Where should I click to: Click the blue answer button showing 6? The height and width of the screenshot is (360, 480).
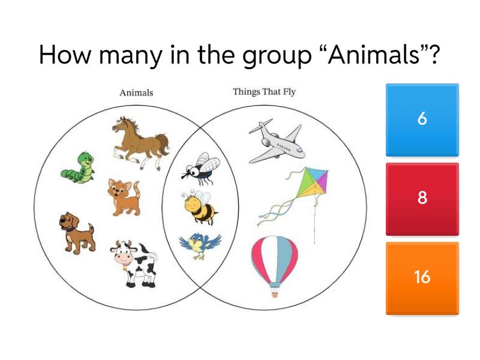(422, 119)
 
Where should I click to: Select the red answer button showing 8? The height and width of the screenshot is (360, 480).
(422, 199)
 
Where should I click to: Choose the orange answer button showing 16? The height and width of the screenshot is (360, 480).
(422, 278)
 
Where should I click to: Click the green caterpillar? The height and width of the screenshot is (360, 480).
(79, 167)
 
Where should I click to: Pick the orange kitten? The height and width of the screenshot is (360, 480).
(124, 196)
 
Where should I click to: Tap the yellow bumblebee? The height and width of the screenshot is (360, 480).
(199, 208)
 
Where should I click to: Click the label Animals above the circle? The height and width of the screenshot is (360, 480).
(136, 92)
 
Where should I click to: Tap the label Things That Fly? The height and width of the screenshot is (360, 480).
(264, 92)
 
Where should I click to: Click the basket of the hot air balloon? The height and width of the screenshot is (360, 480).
(275, 293)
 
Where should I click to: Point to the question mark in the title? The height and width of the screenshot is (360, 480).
(434, 56)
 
